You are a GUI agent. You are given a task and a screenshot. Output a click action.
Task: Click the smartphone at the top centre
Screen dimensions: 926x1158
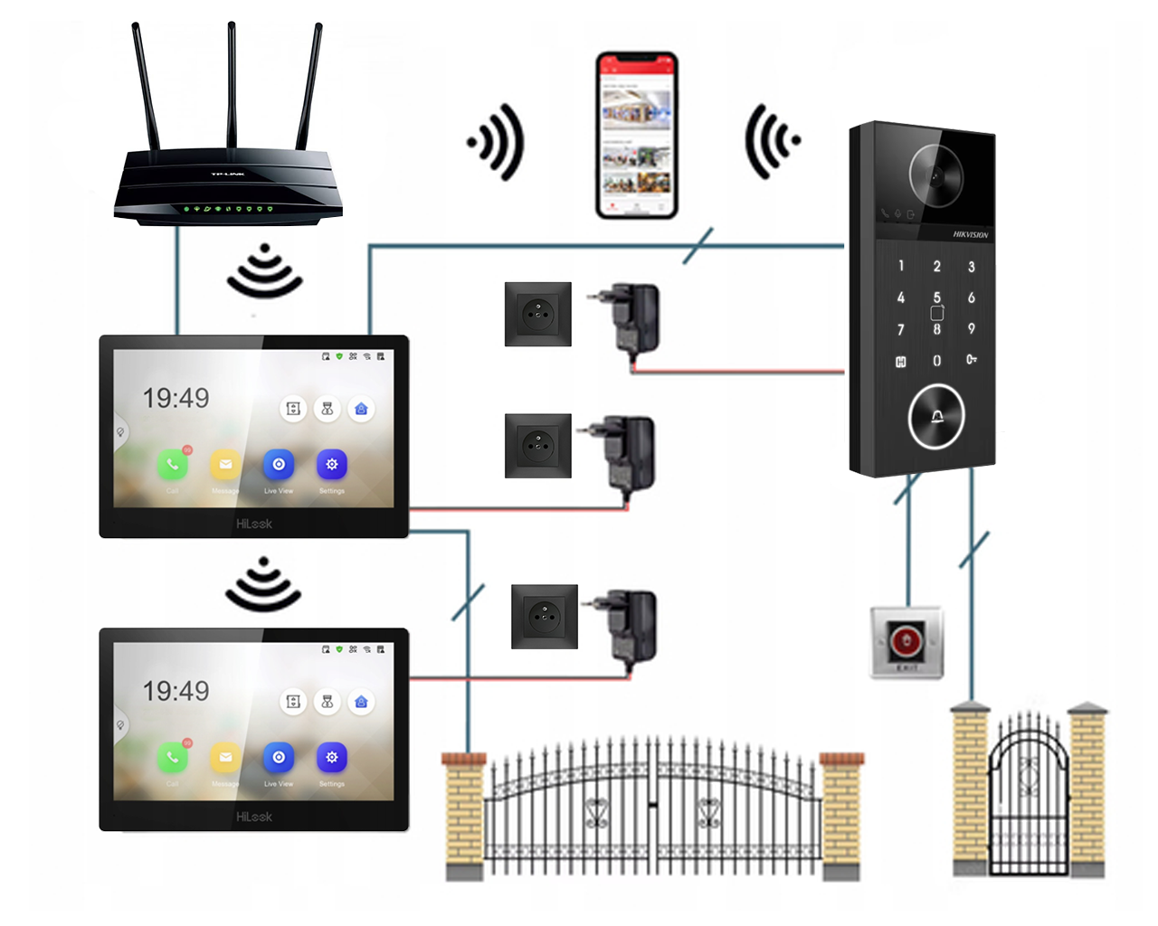(x=637, y=136)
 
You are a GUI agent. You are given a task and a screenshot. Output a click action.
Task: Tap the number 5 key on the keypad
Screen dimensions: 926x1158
(x=936, y=298)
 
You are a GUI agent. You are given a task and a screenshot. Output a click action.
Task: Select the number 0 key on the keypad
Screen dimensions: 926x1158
(x=936, y=361)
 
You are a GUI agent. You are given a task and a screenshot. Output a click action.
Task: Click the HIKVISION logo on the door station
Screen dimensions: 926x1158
(x=970, y=234)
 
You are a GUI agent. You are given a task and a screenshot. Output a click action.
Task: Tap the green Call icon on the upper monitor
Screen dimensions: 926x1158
(x=173, y=465)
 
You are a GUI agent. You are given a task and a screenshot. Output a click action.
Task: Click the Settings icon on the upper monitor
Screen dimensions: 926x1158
(x=332, y=465)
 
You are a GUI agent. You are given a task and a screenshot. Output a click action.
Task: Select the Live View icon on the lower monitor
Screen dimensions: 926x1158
(x=279, y=758)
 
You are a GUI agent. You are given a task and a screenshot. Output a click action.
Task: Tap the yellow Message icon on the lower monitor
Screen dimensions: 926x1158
(x=225, y=758)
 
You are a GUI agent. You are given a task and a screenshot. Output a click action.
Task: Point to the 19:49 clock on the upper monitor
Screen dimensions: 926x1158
(x=176, y=398)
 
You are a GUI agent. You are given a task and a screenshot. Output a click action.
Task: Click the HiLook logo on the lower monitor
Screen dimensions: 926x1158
(x=254, y=817)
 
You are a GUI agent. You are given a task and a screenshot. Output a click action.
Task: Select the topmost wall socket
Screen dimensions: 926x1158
(x=538, y=314)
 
